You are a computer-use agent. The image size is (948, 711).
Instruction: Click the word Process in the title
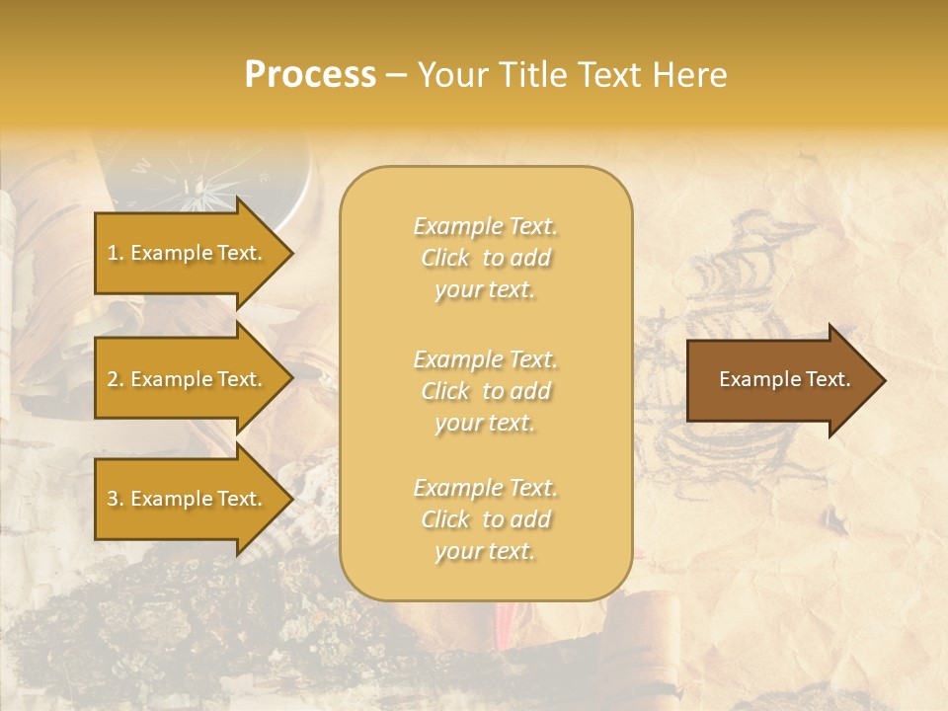tap(310, 75)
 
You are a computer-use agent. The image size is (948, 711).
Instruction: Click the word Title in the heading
tap(529, 75)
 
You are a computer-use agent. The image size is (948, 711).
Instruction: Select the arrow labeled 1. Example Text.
tap(188, 253)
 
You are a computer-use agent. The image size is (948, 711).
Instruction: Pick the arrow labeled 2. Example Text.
tap(188, 379)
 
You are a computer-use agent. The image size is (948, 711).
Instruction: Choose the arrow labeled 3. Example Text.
tap(188, 499)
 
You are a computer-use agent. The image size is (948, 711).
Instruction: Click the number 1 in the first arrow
tap(113, 254)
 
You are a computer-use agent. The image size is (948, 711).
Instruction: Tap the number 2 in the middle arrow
tap(113, 380)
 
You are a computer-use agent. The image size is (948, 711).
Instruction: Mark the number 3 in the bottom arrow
tap(113, 500)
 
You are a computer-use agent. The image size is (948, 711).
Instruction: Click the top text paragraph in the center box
tap(485, 258)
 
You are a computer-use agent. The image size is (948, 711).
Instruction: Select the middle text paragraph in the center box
tap(485, 391)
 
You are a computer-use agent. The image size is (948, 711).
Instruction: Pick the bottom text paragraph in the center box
tap(485, 519)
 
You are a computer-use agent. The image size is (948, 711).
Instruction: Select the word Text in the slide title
tap(608, 75)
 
